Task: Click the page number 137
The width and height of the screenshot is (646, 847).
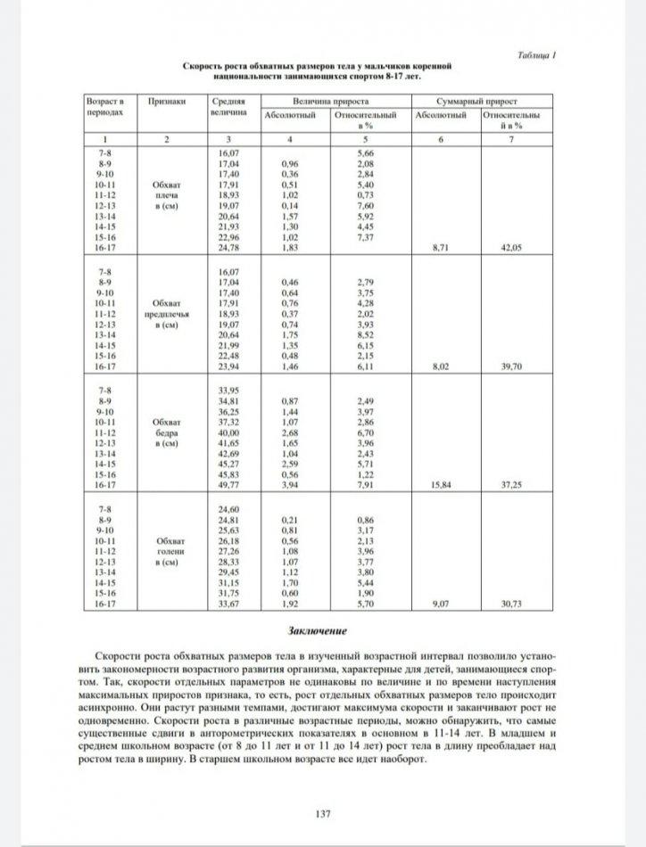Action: click(x=323, y=813)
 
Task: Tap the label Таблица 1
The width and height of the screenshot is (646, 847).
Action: click(x=536, y=55)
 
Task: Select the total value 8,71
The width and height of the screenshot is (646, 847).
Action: click(x=439, y=247)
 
